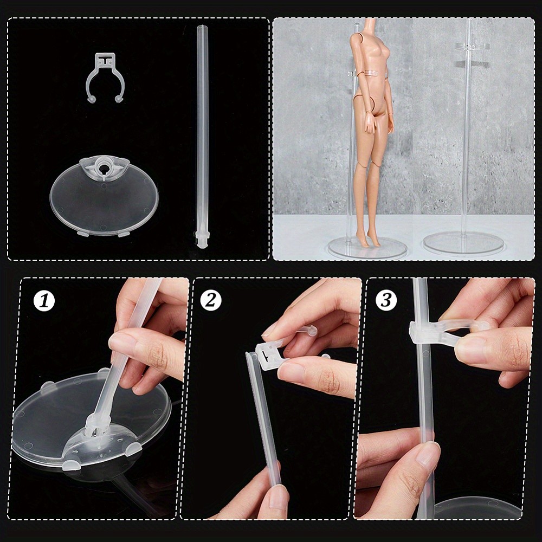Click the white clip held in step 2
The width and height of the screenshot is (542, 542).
click(271, 355)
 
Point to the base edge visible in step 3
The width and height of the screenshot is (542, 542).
click(477, 507)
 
